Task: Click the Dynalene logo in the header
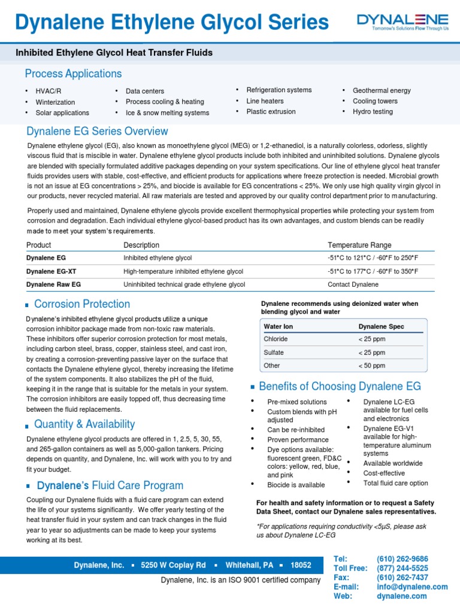pos(402,23)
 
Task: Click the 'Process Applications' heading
pos(73,74)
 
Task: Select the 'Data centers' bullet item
pos(144,91)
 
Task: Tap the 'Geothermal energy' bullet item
pos(382,90)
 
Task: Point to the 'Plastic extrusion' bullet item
pos(271,111)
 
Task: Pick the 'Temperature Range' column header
pos(359,245)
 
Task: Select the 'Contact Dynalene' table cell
pos(353,284)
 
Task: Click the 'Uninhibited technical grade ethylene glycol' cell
pos(184,284)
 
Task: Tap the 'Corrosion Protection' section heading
pos(82,304)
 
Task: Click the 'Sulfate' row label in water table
pos(274,353)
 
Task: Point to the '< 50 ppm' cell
pos(371,366)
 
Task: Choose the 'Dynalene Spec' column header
pos(381,326)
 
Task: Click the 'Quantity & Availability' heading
pos(84,424)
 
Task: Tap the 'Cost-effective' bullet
pos(384,473)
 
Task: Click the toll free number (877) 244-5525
pos(402,568)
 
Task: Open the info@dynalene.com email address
pos(412,587)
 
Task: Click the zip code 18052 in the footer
pos(301,565)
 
